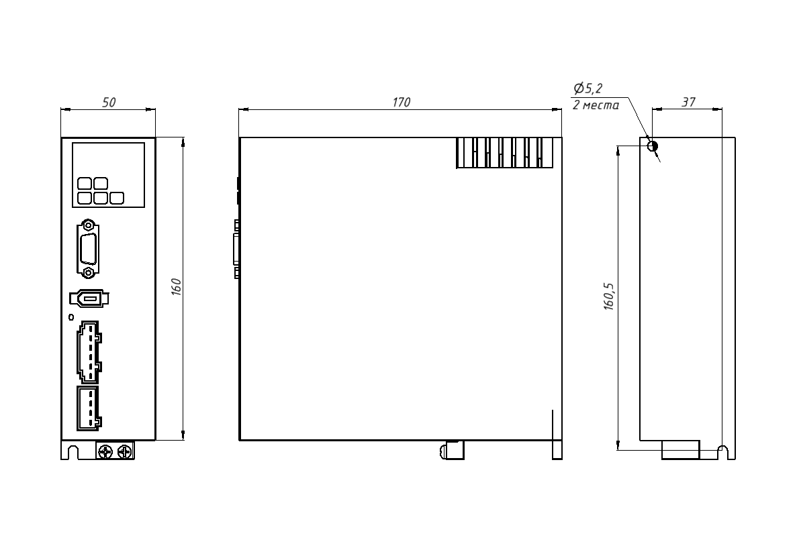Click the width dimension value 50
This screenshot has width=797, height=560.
[109, 102]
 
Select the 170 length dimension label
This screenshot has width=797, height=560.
[401, 102]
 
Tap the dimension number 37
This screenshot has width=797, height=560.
[688, 102]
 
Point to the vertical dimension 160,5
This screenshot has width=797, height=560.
[608, 296]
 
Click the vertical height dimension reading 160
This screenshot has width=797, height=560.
[176, 287]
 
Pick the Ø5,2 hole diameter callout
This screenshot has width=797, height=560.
[588, 89]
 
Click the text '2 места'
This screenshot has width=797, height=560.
[596, 105]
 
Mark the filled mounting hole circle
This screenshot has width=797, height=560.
[653, 146]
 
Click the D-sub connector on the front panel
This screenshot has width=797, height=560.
[89, 249]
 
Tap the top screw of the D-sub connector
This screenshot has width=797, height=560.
[89, 225]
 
